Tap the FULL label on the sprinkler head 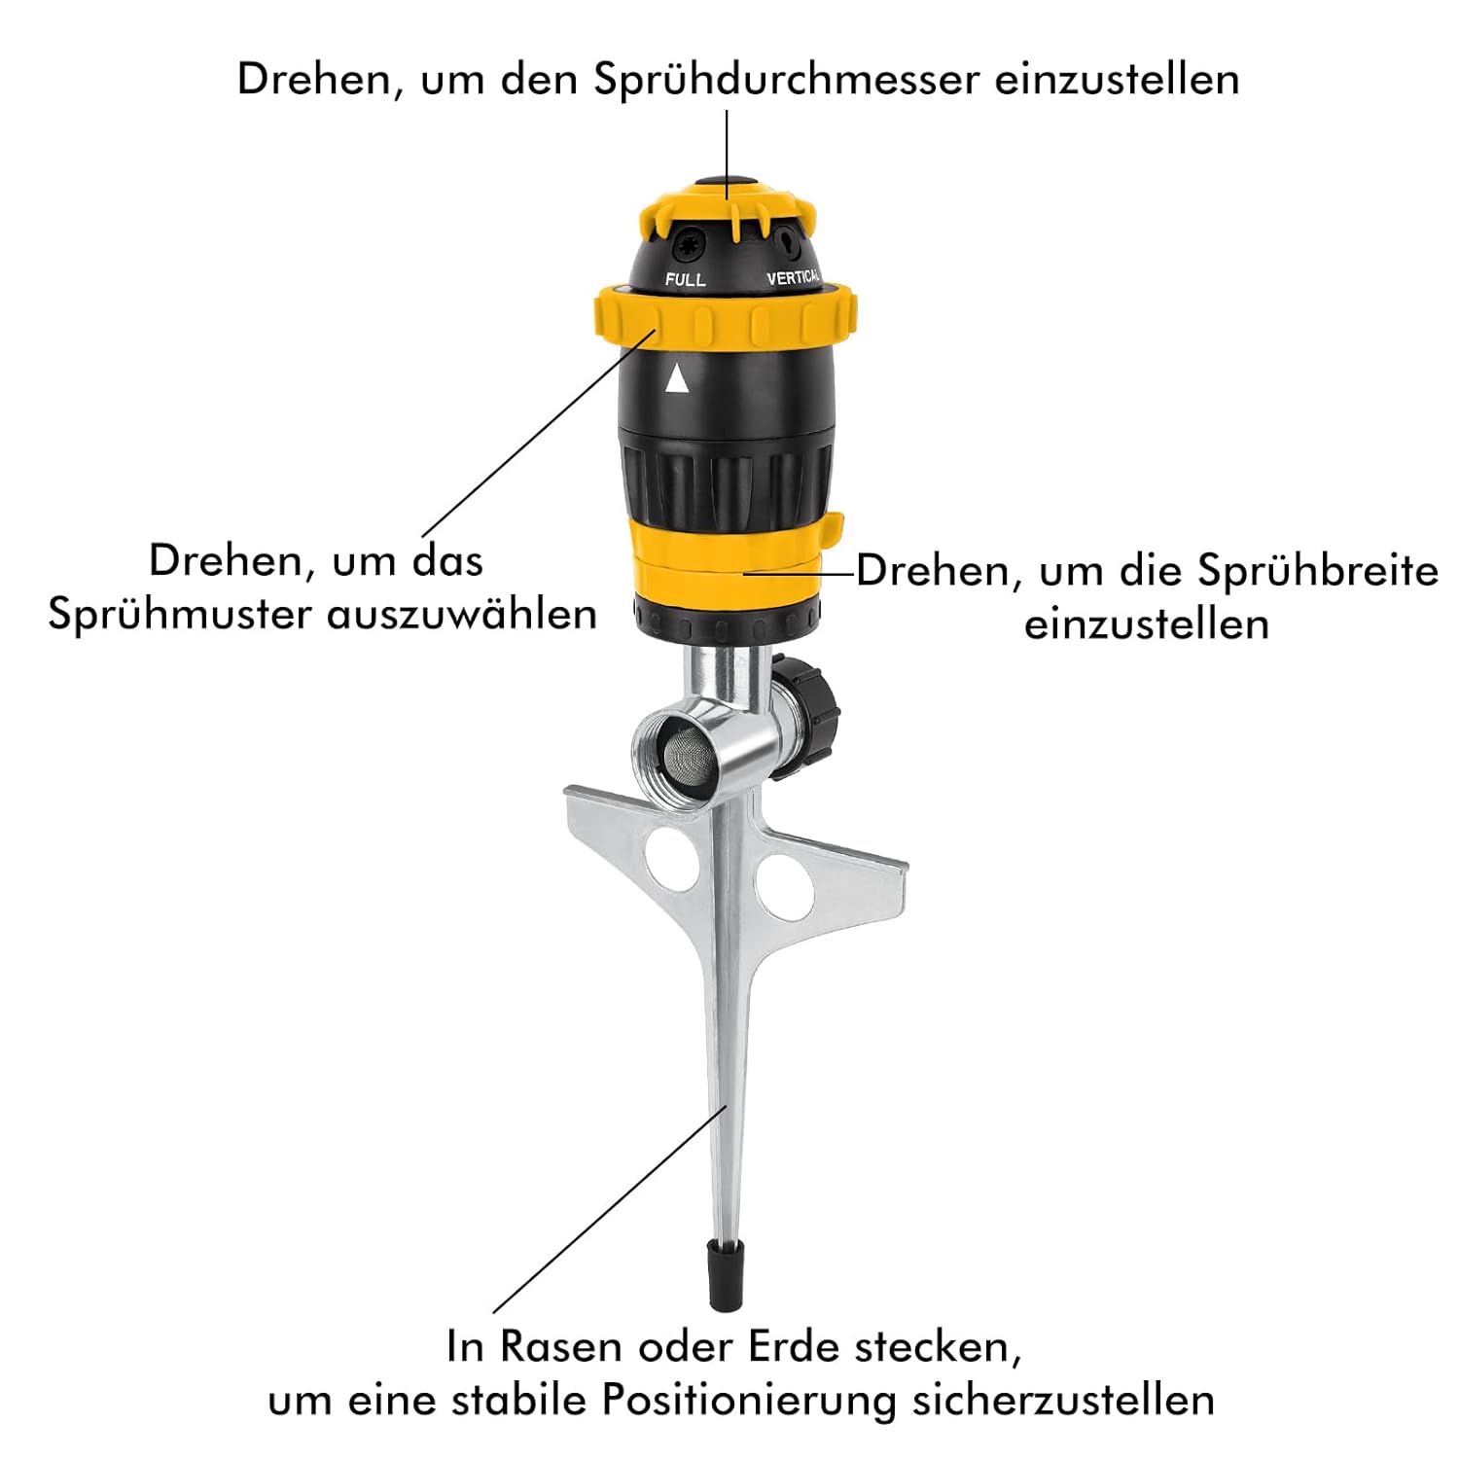pyautogui.click(x=685, y=279)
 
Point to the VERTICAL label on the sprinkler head pyautogui.click(x=793, y=278)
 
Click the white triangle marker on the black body pyautogui.click(x=677, y=378)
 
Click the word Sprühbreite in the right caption pyautogui.click(x=1317, y=570)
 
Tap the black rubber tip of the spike pyautogui.click(x=726, y=1275)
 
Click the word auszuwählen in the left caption pyautogui.click(x=461, y=615)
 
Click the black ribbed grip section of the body pyautogui.click(x=726, y=478)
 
